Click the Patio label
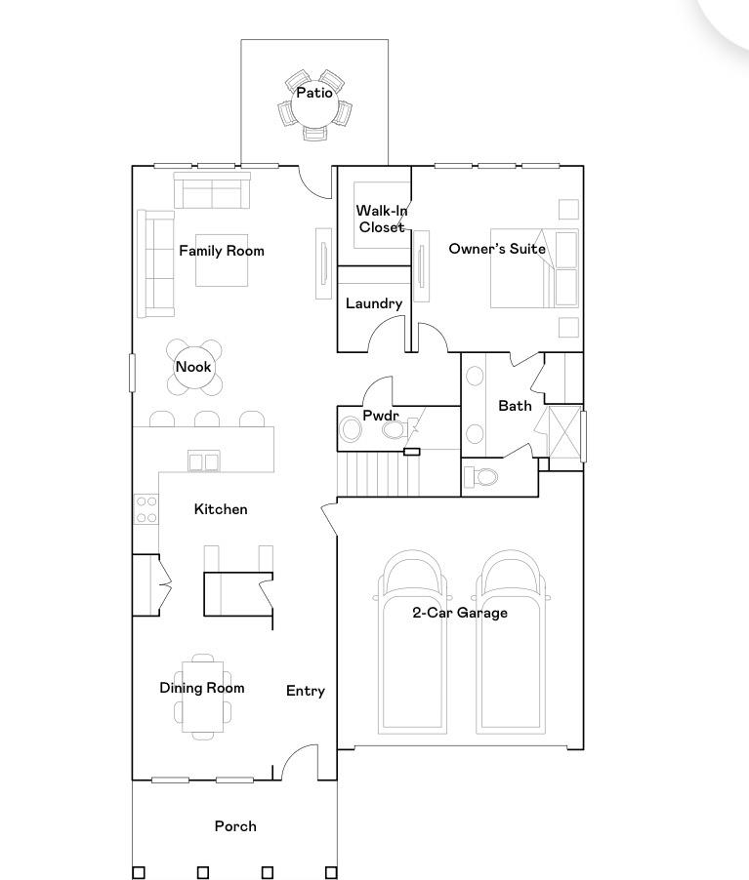(x=314, y=93)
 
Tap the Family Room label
(x=222, y=251)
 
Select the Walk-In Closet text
(x=382, y=219)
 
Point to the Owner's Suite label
(x=497, y=249)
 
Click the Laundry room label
(x=374, y=303)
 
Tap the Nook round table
(x=194, y=367)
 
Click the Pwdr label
(x=381, y=416)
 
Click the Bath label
(x=515, y=406)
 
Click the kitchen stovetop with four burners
(x=146, y=509)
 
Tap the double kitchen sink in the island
(x=203, y=461)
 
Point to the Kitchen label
(x=221, y=509)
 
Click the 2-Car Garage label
(x=460, y=613)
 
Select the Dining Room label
(x=202, y=688)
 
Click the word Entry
(x=305, y=691)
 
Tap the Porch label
(x=235, y=826)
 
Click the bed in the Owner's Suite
(x=534, y=268)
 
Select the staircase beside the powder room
(x=384, y=473)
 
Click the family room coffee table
(x=222, y=260)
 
